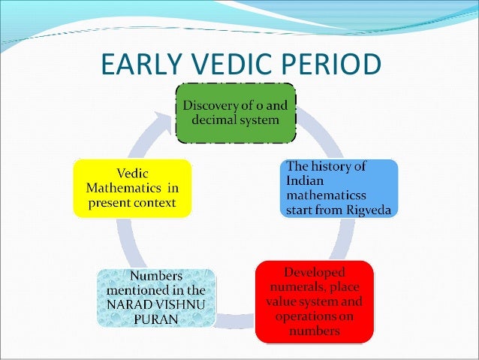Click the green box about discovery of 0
click(235, 112)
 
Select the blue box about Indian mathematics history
click(339, 187)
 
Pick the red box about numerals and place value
click(314, 301)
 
